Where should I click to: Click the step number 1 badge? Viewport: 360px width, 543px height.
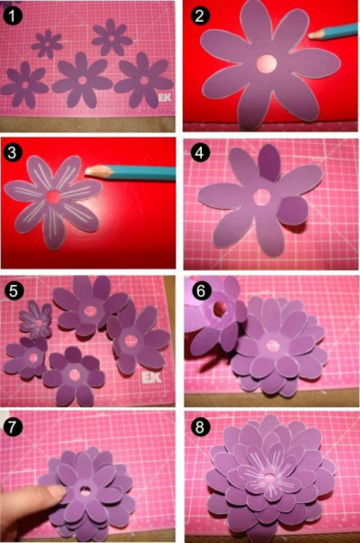pyautogui.click(x=13, y=16)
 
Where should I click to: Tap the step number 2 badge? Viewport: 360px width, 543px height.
pyautogui.click(x=200, y=15)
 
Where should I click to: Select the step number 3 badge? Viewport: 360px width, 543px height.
pyautogui.click(x=12, y=152)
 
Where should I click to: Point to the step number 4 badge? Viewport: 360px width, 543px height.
pyautogui.click(x=200, y=153)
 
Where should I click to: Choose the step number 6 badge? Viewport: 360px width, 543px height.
pyautogui.click(x=201, y=291)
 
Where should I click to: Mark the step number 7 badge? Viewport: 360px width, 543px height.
pyautogui.click(x=12, y=426)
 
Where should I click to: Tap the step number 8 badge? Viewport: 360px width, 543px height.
pyautogui.click(x=200, y=427)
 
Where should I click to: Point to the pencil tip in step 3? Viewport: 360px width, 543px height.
pyautogui.click(x=87, y=172)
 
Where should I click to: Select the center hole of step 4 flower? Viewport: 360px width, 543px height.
pyautogui.click(x=261, y=196)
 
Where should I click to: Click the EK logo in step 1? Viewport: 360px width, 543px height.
pyautogui.click(x=165, y=98)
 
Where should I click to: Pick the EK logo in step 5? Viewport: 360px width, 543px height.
pyautogui.click(x=152, y=378)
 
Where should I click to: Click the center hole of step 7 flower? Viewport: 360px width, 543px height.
pyautogui.click(x=84, y=490)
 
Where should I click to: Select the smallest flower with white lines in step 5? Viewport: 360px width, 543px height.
pyautogui.click(x=35, y=319)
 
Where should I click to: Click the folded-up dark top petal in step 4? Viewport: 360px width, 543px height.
pyautogui.click(x=270, y=162)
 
